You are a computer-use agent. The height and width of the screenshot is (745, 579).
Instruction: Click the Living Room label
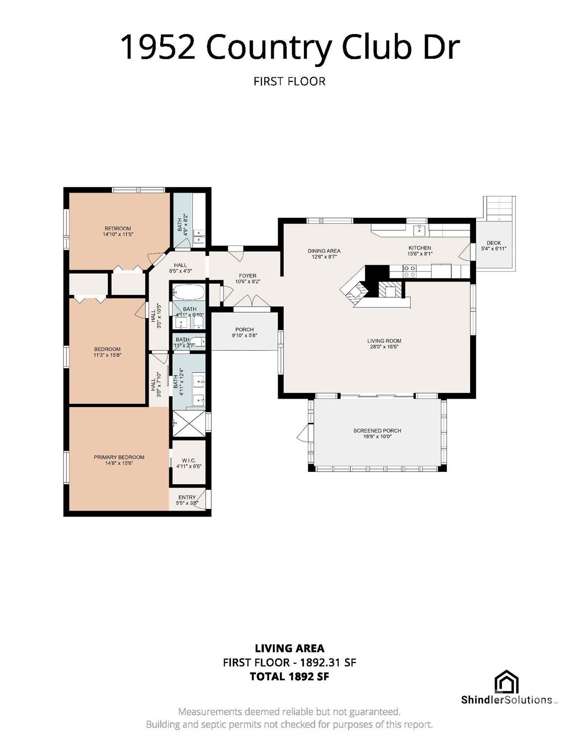384,341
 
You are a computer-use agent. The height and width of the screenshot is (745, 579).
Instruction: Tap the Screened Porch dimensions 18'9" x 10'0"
377,437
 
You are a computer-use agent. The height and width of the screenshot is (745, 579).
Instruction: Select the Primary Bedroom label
119,457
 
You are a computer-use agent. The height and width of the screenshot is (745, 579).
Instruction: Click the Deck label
494,243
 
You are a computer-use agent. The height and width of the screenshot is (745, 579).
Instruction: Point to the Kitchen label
420,248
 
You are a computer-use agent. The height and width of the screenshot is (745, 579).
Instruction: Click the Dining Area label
324,251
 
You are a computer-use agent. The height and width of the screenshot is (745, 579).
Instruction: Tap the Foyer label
248,275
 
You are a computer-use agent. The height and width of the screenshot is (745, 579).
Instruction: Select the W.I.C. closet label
189,460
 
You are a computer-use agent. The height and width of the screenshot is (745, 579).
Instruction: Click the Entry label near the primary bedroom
187,497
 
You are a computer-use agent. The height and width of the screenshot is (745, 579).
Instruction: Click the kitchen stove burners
410,271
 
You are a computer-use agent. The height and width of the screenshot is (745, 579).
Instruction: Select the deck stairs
500,208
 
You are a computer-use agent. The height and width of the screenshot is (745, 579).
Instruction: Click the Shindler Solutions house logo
506,681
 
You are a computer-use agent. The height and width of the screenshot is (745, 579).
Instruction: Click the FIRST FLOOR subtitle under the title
289,81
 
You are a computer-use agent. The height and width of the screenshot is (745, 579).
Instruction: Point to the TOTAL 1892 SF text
289,677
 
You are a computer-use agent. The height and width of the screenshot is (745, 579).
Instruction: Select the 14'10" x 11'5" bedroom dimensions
118,234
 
